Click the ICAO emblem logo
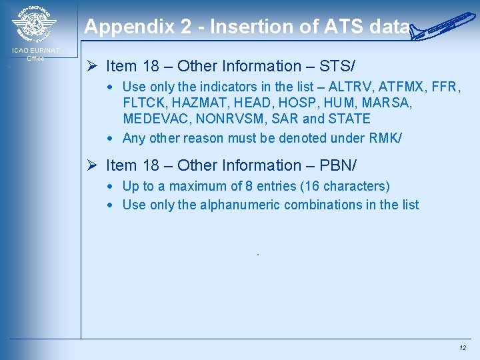click(x=35, y=25)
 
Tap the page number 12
click(x=463, y=348)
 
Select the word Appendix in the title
click(x=119, y=27)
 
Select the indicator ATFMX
click(x=403, y=87)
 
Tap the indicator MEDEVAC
click(x=153, y=119)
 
